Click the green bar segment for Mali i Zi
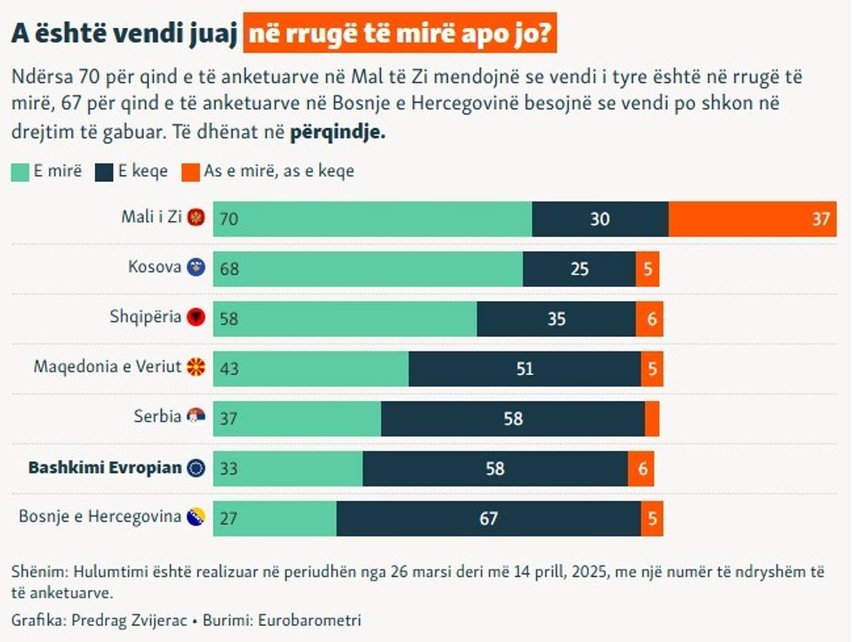[x=372, y=218]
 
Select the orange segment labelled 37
[x=752, y=218]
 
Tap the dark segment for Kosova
[x=579, y=269]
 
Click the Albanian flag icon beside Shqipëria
[x=196, y=318]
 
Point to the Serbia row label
[x=157, y=417]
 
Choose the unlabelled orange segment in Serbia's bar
[x=652, y=418]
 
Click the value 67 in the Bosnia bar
[x=489, y=518]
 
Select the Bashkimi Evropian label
[x=105, y=467]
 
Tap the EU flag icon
[x=196, y=468]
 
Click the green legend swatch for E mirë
[x=20, y=171]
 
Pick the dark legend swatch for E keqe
[x=104, y=171]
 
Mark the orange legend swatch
[x=190, y=171]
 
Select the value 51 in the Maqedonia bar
[x=524, y=369]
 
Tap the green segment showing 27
[x=275, y=518]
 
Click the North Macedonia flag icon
[x=196, y=367]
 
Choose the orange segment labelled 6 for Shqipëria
[x=649, y=319]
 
